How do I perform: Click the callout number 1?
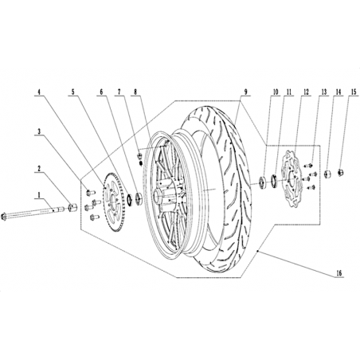tap(39, 195)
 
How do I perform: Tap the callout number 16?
tap(339, 273)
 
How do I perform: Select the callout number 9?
tap(246, 92)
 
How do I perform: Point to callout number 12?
tap(306, 92)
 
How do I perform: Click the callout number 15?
tap(354, 92)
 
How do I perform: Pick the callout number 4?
tap(39, 92)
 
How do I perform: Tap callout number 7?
tap(119, 92)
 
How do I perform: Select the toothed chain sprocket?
tap(113, 202)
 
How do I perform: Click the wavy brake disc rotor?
tap(292, 178)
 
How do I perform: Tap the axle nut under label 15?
tap(341, 173)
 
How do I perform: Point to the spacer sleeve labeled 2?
tap(72, 207)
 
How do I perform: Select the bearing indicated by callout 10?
tap(263, 182)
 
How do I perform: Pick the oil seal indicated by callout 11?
tap(274, 180)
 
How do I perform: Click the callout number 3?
tap(39, 131)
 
